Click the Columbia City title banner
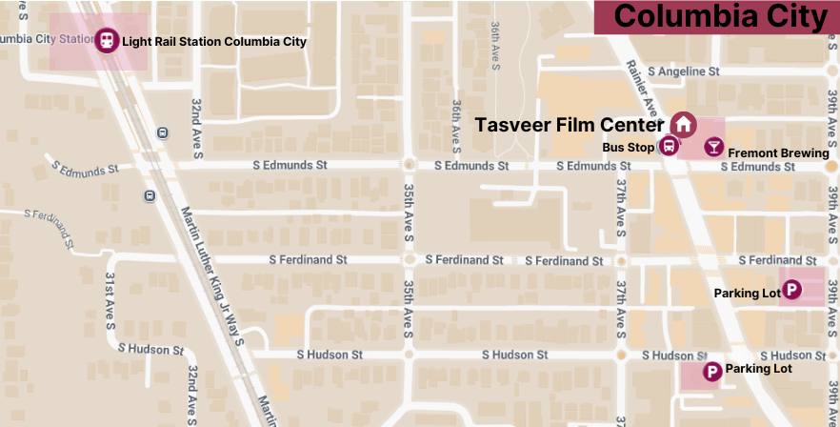(x=717, y=17)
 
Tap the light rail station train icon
(x=107, y=41)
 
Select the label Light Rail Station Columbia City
(x=214, y=42)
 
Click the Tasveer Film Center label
(x=570, y=125)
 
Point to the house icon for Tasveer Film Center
(x=682, y=125)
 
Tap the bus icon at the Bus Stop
(x=670, y=147)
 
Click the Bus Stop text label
(x=629, y=148)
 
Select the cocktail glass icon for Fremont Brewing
(x=713, y=147)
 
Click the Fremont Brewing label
(x=778, y=153)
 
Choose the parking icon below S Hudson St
(x=711, y=373)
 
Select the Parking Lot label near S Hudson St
(x=758, y=369)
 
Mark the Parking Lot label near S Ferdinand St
(x=747, y=294)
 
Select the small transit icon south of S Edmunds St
(x=150, y=196)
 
